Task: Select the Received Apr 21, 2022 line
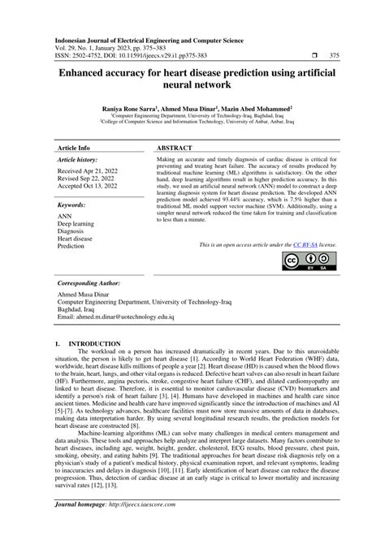tap(87, 171)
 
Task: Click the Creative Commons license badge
tap(311, 261)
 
